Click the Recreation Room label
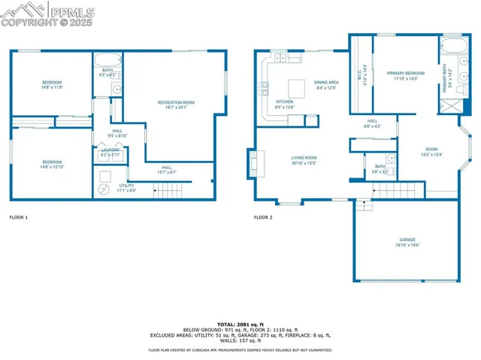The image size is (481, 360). tap(176, 104)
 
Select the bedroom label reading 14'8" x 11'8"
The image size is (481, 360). tap(51, 84)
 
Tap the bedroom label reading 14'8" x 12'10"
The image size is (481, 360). tap(51, 164)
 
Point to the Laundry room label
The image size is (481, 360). tap(110, 152)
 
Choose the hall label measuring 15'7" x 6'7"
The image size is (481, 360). tap(166, 170)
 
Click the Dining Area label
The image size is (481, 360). tap(325, 84)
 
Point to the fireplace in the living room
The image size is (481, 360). tap(253, 163)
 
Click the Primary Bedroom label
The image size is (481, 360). tap(406, 75)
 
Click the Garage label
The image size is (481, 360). tap(407, 242)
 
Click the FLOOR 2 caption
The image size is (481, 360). tap(263, 217)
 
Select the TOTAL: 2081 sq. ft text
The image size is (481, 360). tap(240, 323)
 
